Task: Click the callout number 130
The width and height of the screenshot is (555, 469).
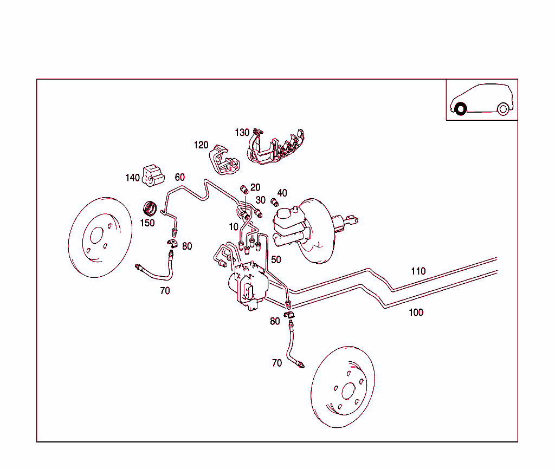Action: point(242,133)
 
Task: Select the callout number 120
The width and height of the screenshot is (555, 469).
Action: point(201,145)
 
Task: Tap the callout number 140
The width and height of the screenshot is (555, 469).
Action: point(132,178)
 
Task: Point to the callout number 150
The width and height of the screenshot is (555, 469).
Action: point(147,223)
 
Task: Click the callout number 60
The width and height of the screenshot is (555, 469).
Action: point(180,178)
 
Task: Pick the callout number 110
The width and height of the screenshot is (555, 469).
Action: point(418,271)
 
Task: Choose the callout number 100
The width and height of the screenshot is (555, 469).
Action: point(416,312)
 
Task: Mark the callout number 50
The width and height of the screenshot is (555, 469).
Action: point(276,260)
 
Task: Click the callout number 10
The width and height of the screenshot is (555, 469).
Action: point(234,227)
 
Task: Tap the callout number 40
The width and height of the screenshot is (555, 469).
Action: point(282,193)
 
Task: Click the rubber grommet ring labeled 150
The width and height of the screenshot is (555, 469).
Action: point(150,209)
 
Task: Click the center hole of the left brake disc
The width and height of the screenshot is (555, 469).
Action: point(96,236)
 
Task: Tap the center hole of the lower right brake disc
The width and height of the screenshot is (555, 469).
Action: point(347,390)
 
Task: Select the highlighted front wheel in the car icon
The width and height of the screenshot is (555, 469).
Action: point(460,109)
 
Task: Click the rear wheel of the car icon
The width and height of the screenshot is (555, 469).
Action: point(502,109)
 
